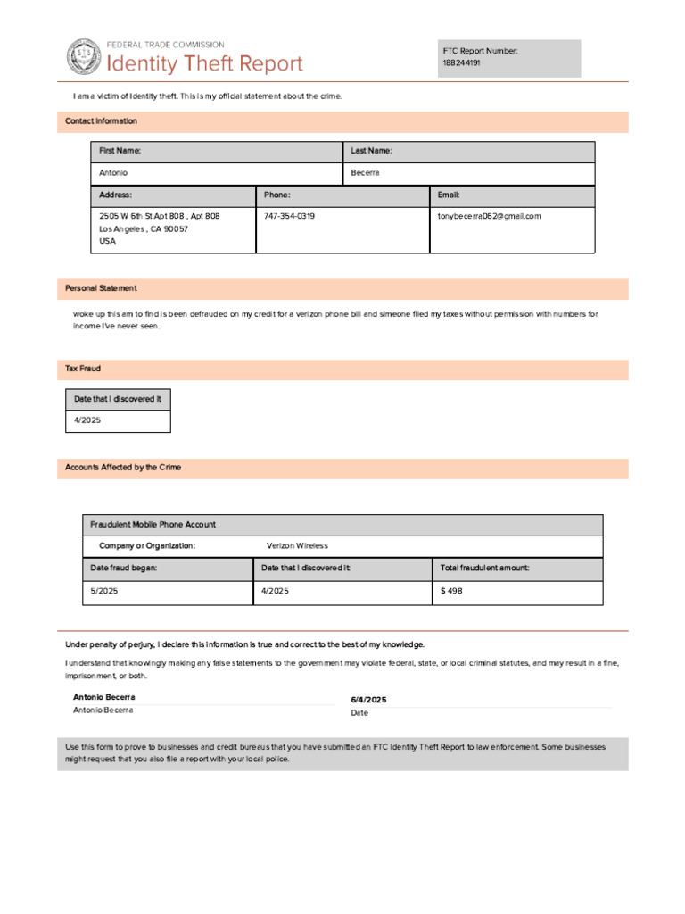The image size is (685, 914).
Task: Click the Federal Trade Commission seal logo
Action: (x=84, y=56)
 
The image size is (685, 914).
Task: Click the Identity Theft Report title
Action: (x=205, y=64)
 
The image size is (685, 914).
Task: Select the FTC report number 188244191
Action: (x=462, y=63)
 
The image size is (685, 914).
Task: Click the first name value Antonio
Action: (x=113, y=172)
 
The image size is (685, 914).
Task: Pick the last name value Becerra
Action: (x=366, y=172)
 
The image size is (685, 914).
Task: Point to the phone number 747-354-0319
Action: (x=289, y=216)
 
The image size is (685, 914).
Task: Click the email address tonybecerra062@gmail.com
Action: (x=489, y=216)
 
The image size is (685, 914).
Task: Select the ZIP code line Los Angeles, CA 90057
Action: (x=144, y=228)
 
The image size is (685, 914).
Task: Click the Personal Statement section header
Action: (x=102, y=288)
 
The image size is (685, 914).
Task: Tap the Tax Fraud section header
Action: (x=83, y=369)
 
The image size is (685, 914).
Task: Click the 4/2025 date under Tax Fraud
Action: (x=87, y=420)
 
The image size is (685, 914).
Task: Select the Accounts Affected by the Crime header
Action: (x=123, y=468)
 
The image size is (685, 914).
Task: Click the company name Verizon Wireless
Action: (x=297, y=545)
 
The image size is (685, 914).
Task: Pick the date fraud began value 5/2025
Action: (x=104, y=591)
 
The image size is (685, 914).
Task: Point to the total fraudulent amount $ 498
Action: (x=451, y=591)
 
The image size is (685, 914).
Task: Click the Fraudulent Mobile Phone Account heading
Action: (x=153, y=525)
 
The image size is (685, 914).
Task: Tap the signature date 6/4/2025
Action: (x=368, y=700)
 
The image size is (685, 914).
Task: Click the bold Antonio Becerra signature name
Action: (x=104, y=696)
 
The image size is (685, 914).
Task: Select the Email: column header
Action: (x=449, y=195)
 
